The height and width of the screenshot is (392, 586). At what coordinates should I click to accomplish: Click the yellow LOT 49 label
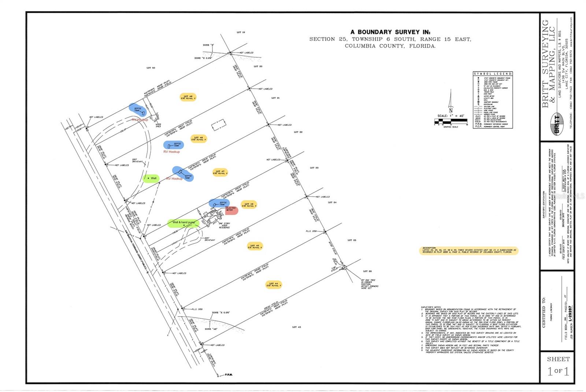[x=188, y=97]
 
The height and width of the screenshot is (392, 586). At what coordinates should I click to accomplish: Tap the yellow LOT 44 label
[x=273, y=284]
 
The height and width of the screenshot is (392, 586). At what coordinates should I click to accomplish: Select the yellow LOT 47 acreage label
[x=220, y=172]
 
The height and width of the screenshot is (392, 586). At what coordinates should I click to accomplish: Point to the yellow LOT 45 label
[x=255, y=246]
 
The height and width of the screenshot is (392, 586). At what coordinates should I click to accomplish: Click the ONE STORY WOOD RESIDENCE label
[x=224, y=225]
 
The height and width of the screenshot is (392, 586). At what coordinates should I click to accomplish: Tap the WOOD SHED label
[x=158, y=125]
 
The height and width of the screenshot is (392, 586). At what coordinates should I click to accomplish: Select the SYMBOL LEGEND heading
[x=493, y=74]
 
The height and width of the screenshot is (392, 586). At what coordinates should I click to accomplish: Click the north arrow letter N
[x=451, y=110]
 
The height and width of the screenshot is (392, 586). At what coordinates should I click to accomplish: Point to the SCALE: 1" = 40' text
[x=450, y=116]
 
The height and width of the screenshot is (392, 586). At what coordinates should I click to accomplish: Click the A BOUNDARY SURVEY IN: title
[x=390, y=32]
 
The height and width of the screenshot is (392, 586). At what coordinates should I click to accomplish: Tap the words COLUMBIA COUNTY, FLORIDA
[x=390, y=46]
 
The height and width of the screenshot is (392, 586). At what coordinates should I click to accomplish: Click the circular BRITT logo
[x=557, y=120]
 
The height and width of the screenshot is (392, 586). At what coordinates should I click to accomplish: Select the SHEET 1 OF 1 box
[x=558, y=367]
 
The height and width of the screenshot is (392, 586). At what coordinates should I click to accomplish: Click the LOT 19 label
[x=241, y=32]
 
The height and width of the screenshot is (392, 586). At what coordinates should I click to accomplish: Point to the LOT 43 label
[x=296, y=327]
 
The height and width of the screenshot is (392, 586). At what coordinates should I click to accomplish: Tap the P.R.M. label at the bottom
[x=229, y=375]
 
